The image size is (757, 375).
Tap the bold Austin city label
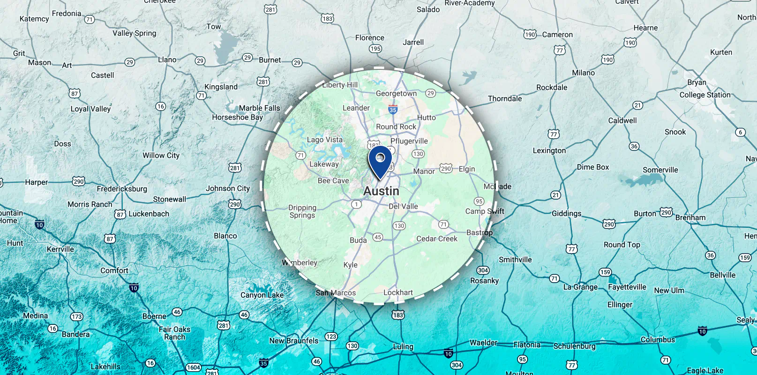(381, 191)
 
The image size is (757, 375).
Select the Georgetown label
(396, 93)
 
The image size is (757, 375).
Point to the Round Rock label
(396, 127)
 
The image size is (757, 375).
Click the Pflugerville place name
(409, 141)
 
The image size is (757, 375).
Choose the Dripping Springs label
(302, 211)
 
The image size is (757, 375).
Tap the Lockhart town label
(398, 292)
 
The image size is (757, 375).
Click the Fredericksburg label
(122, 188)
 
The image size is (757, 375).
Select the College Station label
(705, 95)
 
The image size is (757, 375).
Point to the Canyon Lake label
(262, 295)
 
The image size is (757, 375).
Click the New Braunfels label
(293, 341)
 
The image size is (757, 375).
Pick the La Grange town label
(580, 287)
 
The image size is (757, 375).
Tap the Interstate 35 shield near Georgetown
(393, 110)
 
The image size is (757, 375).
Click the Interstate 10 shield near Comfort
(134, 288)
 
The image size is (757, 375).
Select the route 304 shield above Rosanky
(483, 270)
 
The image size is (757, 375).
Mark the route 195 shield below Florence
(375, 48)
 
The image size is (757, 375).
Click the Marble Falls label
(259, 108)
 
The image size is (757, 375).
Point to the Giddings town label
(566, 213)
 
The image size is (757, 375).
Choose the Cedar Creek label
(437, 239)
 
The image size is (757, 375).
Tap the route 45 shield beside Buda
(378, 237)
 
